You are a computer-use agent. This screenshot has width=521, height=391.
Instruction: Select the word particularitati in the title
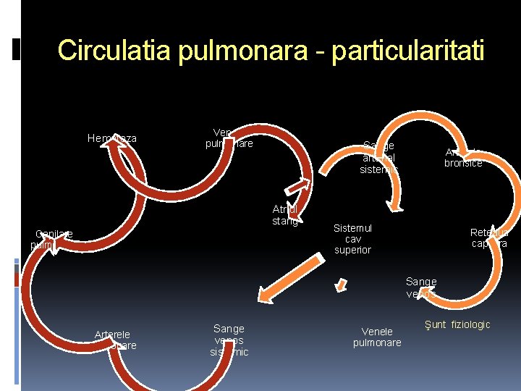pyautogui.click(x=409, y=51)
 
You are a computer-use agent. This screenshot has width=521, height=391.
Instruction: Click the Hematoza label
pyautogui.click(x=112, y=138)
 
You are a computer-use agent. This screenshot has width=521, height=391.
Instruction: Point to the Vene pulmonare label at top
pyautogui.click(x=229, y=138)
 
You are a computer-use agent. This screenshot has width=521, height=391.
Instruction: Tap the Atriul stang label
pyautogui.click(x=285, y=215)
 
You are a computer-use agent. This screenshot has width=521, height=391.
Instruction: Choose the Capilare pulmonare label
pyautogui.click(x=53, y=239)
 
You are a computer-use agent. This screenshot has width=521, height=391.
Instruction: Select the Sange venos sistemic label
pyautogui.click(x=229, y=340)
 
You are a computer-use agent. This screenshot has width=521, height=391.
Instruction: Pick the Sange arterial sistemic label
pyautogui.click(x=379, y=158)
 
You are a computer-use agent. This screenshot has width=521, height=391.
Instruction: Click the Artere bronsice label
pyautogui.click(x=462, y=158)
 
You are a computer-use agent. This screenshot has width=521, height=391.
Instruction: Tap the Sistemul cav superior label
pyautogui.click(x=352, y=239)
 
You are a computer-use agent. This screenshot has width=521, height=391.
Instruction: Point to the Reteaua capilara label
pyautogui.click(x=489, y=238)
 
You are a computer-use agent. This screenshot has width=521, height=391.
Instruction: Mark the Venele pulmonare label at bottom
pyautogui.click(x=377, y=337)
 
